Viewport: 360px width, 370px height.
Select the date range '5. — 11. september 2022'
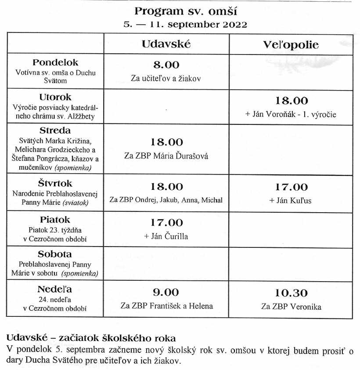click(185, 25)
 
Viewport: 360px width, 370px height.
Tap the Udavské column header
click(166, 44)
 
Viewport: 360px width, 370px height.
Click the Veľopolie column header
click(291, 45)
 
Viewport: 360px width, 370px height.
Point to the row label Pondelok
click(55, 63)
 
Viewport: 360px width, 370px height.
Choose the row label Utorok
click(55, 97)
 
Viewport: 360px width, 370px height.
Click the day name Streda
click(55, 131)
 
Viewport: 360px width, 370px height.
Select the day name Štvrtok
click(55, 183)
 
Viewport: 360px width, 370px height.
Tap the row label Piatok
click(55, 219)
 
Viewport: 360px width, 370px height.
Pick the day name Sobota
click(55, 254)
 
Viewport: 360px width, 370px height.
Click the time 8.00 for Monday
click(166, 65)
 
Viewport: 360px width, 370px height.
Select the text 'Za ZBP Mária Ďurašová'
click(166, 156)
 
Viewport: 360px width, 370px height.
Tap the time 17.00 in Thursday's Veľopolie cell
click(291, 187)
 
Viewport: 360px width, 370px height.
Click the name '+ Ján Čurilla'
click(166, 236)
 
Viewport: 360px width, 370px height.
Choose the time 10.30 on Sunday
click(291, 293)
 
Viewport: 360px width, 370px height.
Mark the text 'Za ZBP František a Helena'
click(166, 306)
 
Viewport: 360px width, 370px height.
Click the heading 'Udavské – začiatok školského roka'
click(90, 338)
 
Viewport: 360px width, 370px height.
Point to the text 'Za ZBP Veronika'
click(291, 307)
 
